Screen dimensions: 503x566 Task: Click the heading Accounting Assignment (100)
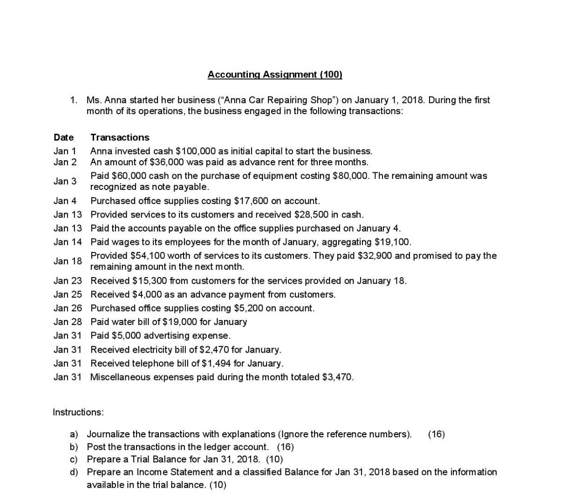coord(274,75)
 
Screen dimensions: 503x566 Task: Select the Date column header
coord(63,137)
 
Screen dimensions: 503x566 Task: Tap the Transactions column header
coord(120,137)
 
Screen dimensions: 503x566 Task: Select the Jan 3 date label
coord(65,181)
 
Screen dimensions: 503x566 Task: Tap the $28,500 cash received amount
coord(313,215)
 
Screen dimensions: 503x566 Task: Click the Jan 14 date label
coord(68,242)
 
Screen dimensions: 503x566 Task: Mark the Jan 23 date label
coord(68,281)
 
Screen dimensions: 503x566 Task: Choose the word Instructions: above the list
coord(78,412)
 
